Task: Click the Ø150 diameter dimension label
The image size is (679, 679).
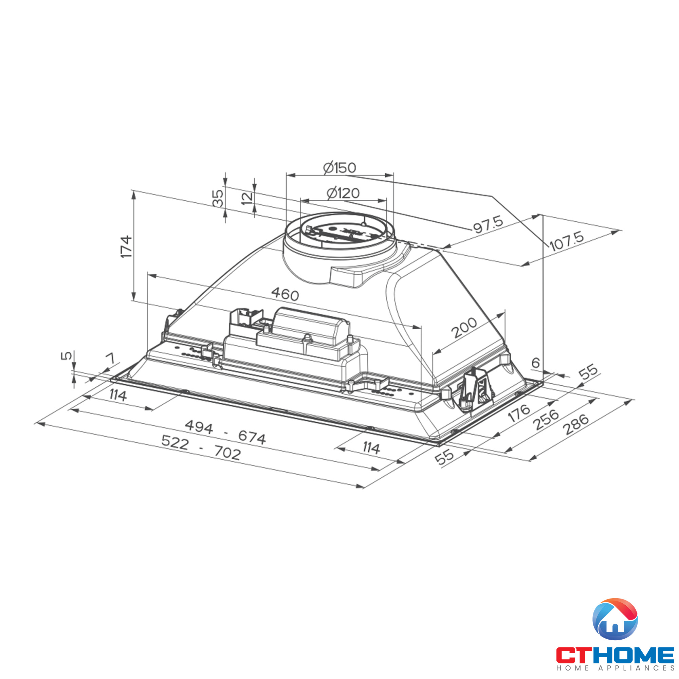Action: pyautogui.click(x=339, y=168)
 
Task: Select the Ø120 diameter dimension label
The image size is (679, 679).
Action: pyautogui.click(x=343, y=193)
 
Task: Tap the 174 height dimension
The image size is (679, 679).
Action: pyautogui.click(x=126, y=247)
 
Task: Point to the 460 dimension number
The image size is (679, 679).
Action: pyautogui.click(x=285, y=294)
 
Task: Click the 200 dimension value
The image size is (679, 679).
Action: pyautogui.click(x=464, y=328)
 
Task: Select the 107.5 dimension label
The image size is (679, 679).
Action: pyautogui.click(x=566, y=241)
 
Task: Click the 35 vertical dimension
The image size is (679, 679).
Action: pyautogui.click(x=218, y=198)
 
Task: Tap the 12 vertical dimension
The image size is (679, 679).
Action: pyautogui.click(x=247, y=198)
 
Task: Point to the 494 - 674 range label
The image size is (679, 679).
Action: pyautogui.click(x=225, y=432)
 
